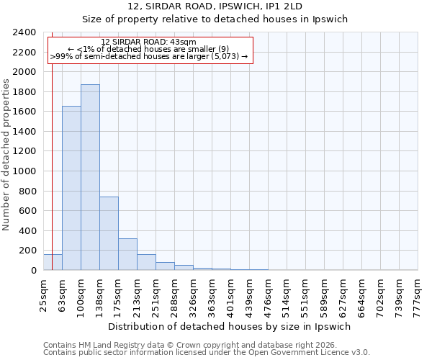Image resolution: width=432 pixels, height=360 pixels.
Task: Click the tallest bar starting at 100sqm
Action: click(90, 177)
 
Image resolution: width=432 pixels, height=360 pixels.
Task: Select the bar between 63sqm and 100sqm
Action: click(71, 188)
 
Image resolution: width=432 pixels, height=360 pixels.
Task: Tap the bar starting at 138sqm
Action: click(109, 233)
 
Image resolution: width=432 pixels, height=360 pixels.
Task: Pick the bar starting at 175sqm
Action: click(127, 254)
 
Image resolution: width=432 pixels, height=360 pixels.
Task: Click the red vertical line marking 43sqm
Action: click(53, 144)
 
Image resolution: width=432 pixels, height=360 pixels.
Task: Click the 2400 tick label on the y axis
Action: click(25, 32)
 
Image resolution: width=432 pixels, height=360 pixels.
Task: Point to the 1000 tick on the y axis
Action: click(25, 171)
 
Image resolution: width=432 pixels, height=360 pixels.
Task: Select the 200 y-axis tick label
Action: click(28, 251)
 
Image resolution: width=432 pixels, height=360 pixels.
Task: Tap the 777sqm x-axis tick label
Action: click(418, 295)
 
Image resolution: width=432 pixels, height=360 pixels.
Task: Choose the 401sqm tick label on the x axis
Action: click(231, 295)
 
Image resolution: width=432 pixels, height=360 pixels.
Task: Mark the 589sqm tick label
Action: click(324, 295)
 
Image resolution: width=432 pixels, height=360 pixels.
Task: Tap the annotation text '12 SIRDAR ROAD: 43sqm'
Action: click(148, 42)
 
